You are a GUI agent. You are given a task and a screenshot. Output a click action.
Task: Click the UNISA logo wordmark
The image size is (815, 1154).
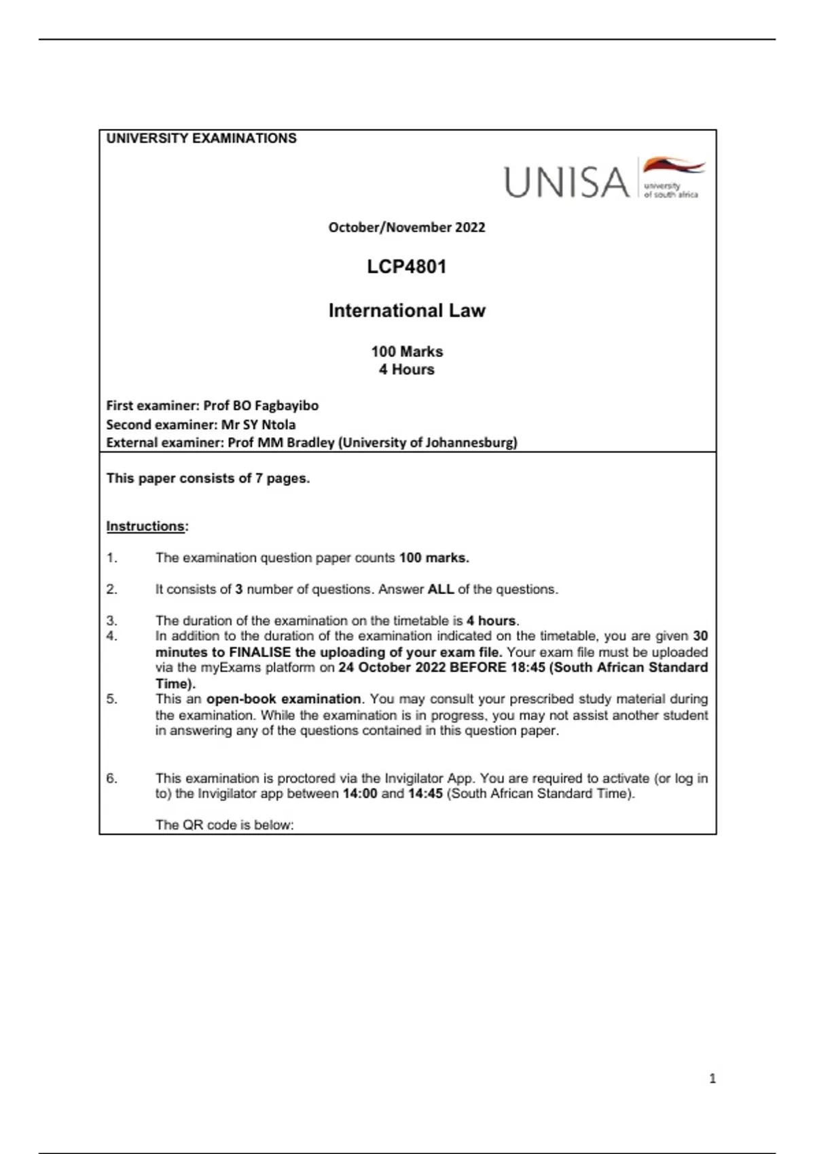[x=566, y=182]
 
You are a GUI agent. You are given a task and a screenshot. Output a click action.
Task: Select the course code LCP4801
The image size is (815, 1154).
[x=407, y=267]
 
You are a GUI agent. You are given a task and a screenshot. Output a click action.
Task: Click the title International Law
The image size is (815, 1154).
[x=407, y=311]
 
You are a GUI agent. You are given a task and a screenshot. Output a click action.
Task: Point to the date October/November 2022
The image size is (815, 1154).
[x=407, y=227]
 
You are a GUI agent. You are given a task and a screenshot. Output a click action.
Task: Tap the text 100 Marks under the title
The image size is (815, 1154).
[x=407, y=352]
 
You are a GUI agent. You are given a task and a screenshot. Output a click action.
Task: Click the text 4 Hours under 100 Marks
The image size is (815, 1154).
[x=407, y=370]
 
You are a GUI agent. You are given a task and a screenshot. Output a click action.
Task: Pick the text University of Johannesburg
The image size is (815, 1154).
[x=429, y=443]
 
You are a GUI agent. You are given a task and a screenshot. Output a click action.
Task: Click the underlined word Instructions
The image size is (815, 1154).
[x=145, y=526]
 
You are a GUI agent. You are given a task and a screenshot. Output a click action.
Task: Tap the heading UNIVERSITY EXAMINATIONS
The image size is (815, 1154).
[x=201, y=138]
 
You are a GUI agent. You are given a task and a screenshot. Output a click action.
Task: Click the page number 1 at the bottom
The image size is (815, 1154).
[x=712, y=1079]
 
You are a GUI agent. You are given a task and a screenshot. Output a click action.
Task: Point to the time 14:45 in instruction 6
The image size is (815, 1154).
[x=425, y=794]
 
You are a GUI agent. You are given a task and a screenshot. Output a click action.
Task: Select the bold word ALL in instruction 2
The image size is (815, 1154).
[x=440, y=589]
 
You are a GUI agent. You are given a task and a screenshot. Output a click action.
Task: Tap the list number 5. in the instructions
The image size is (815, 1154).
[x=112, y=699]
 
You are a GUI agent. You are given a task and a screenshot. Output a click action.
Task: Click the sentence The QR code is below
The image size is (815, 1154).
[x=224, y=825]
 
